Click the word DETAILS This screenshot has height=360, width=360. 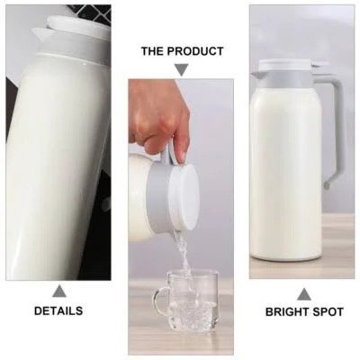(x=58, y=311)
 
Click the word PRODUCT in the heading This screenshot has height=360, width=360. (x=194, y=51)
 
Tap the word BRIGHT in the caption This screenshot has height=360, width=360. (x=285, y=312)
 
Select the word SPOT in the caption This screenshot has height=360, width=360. (x=328, y=312)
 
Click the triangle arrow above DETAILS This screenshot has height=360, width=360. (x=59, y=291)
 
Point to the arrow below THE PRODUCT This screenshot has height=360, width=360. (x=181, y=69)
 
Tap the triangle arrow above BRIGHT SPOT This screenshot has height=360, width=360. (x=304, y=293)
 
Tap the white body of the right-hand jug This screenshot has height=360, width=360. (x=286, y=171)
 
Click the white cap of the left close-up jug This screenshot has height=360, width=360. (x=76, y=29)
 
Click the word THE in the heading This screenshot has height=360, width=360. (x=153, y=51)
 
